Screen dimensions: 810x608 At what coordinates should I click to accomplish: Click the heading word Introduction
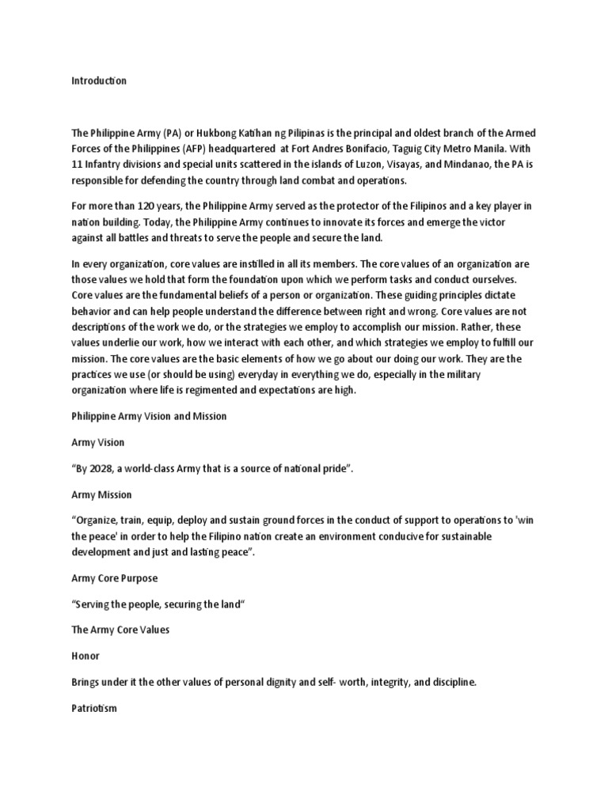point(99,81)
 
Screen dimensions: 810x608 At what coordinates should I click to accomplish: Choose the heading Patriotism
point(94,708)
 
